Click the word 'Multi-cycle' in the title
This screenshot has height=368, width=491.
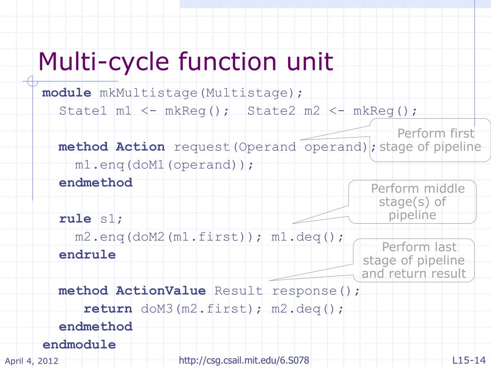click(x=104, y=62)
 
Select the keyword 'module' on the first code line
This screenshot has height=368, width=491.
click(x=67, y=92)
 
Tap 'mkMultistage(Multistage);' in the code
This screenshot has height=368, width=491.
click(x=201, y=92)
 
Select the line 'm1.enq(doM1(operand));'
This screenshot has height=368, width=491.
click(x=163, y=165)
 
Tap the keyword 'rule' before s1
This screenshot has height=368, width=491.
click(x=75, y=219)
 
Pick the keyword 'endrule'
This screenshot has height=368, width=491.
click(x=87, y=254)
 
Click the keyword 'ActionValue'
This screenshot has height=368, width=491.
click(x=161, y=290)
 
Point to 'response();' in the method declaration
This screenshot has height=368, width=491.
click(x=316, y=290)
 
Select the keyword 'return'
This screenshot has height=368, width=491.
click(x=108, y=309)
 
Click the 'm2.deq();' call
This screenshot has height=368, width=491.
click(x=308, y=309)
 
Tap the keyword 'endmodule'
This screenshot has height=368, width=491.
click(x=79, y=345)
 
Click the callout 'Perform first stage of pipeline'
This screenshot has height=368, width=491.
click(x=430, y=140)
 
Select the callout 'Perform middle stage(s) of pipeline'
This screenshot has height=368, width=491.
click(x=413, y=201)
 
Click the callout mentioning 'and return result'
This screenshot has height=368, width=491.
click(x=414, y=260)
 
